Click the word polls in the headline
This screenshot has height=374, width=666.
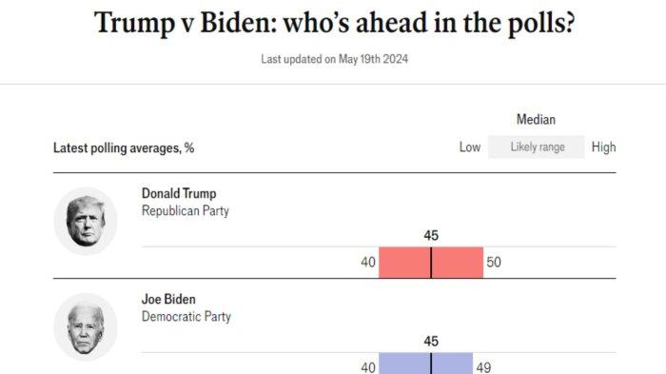click(532, 23)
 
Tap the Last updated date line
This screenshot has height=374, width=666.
click(335, 59)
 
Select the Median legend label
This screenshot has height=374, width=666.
click(536, 120)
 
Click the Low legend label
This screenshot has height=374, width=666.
click(470, 148)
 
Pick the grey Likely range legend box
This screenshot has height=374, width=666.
click(537, 148)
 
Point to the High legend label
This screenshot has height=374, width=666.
click(603, 148)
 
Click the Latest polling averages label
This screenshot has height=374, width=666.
click(124, 148)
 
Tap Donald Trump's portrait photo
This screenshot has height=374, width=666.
click(85, 221)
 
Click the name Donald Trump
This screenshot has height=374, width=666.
click(179, 194)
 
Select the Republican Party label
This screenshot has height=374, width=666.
click(185, 211)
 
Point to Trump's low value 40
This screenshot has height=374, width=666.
click(368, 263)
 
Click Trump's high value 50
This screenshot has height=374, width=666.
click(493, 263)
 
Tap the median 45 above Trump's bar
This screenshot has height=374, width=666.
click(431, 235)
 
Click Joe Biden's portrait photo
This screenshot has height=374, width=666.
click(85, 326)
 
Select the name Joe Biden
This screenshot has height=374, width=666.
click(168, 300)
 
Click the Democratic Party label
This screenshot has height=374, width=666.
click(186, 317)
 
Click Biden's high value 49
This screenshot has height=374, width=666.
click(484, 367)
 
